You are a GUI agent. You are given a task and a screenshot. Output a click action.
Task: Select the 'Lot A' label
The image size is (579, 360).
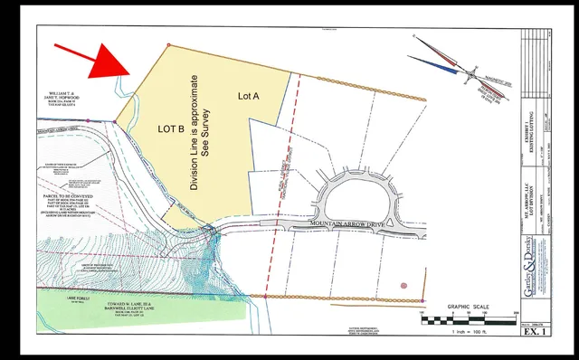point(250,95)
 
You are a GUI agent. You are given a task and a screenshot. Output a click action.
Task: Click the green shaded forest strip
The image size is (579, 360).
point(136,305)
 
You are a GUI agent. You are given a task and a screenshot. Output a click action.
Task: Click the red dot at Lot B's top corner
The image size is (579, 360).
point(169,43)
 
